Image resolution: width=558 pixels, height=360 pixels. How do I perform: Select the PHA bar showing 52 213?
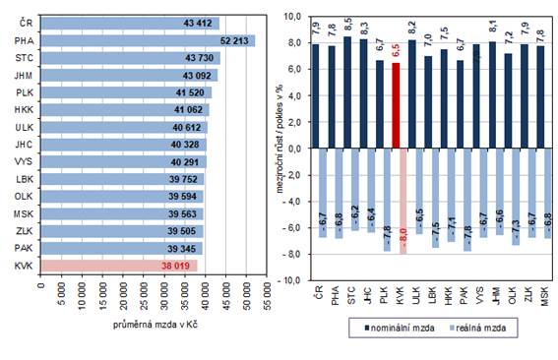148,40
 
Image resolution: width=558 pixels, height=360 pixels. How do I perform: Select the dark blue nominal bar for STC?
346,92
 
